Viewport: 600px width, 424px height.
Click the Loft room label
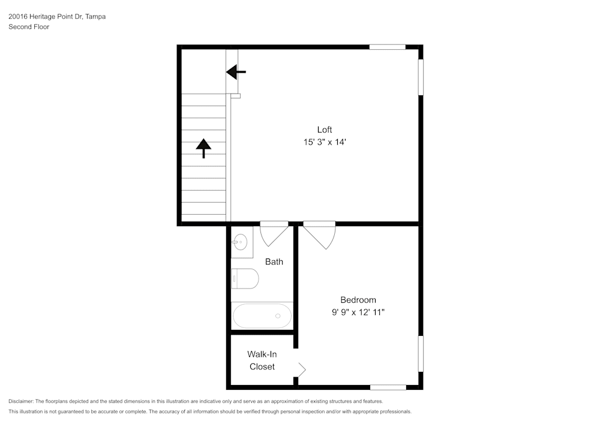(x=325, y=130)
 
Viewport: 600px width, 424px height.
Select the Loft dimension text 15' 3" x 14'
(x=325, y=143)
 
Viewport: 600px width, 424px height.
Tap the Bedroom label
(x=358, y=300)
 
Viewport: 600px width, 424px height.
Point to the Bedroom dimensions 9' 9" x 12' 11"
(x=358, y=312)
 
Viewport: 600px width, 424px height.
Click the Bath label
(x=274, y=261)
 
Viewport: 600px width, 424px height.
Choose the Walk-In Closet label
(x=262, y=360)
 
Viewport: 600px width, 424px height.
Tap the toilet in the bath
(x=245, y=278)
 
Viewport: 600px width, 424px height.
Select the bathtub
(x=262, y=315)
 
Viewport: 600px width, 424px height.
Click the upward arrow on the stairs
(x=204, y=148)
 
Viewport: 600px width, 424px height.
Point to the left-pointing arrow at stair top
(x=236, y=72)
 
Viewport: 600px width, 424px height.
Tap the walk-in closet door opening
(x=301, y=368)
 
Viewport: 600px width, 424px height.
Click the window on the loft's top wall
(x=387, y=47)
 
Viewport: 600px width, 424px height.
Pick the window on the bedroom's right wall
(x=421, y=353)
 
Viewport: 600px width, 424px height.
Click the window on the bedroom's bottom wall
(x=388, y=387)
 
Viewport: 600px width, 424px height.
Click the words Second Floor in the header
(x=29, y=27)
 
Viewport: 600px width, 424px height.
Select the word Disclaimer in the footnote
(x=21, y=401)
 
